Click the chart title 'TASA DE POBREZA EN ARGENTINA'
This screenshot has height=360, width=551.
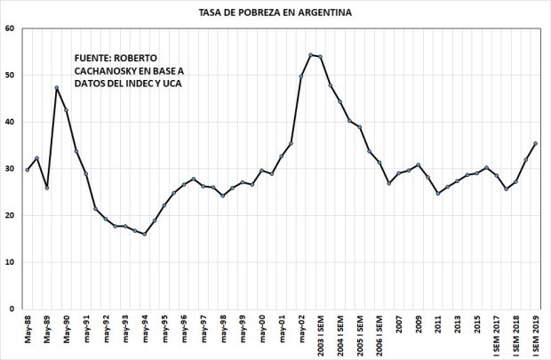[275, 12]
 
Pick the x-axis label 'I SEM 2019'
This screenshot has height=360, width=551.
[534, 336]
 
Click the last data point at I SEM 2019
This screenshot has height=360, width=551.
[534, 143]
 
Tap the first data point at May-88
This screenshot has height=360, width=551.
[28, 170]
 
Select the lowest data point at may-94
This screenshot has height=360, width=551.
[144, 234]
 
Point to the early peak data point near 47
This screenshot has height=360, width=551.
[56, 88]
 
